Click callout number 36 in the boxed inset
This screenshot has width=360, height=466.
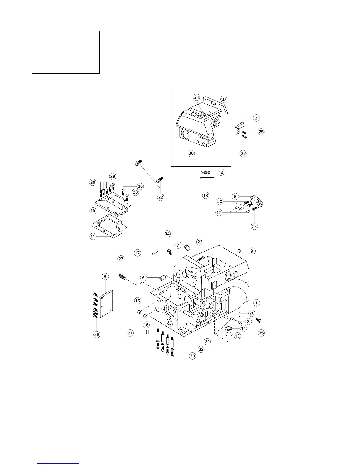click(x=191, y=153)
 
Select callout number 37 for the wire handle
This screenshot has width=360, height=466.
click(x=224, y=99)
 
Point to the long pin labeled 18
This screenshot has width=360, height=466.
click(x=207, y=178)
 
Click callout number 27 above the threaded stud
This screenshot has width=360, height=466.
click(x=121, y=259)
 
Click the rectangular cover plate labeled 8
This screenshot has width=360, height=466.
click(x=106, y=304)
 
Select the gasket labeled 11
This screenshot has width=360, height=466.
click(x=109, y=227)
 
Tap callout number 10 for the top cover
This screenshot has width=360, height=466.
click(x=93, y=211)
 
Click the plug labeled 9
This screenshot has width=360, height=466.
click(x=239, y=251)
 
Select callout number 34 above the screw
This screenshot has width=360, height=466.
click(x=167, y=234)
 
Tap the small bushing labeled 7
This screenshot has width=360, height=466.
click(x=186, y=246)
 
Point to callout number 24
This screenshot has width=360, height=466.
click(x=254, y=226)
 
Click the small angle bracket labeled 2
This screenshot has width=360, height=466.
click(x=238, y=129)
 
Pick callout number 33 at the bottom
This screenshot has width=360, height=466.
click(x=192, y=356)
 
